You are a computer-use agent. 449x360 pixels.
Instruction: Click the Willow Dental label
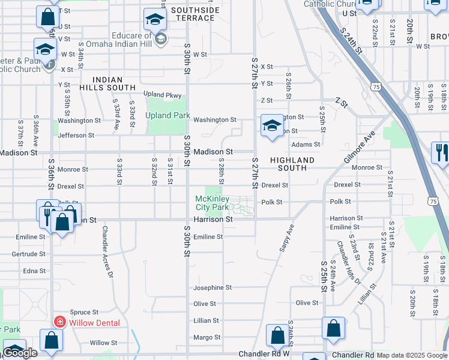tap(94, 323)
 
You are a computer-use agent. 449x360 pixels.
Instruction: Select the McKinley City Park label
tap(211, 203)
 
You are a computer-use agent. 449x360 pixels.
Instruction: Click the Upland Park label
tap(167, 115)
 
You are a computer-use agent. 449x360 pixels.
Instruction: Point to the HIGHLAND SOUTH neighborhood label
tap(292, 164)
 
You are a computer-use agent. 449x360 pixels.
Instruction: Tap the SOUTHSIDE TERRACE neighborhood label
tap(193, 14)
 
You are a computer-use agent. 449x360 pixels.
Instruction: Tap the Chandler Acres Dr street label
tap(107, 251)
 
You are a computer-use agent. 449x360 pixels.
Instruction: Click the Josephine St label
tap(212, 288)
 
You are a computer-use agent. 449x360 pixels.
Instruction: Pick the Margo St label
tap(206, 337)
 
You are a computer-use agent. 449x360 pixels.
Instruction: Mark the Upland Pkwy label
tap(162, 95)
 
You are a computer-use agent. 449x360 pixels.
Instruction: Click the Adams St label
tap(305, 145)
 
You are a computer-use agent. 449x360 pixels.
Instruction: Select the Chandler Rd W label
tap(264, 354)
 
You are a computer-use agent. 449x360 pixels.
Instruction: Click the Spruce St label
tap(83, 312)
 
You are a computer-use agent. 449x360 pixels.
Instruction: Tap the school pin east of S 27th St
tap(272, 126)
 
